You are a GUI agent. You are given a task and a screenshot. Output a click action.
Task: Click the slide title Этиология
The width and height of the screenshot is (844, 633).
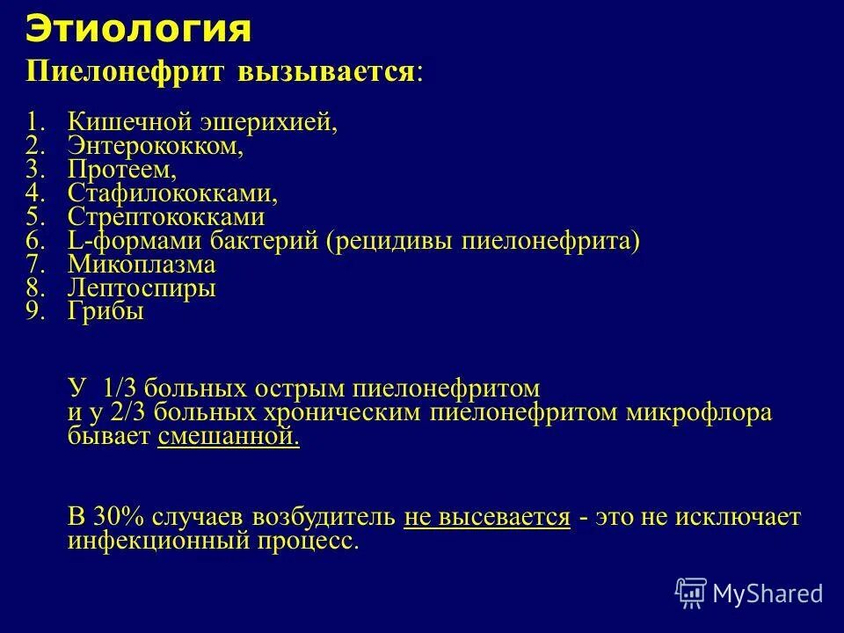pyautogui.click(x=139, y=29)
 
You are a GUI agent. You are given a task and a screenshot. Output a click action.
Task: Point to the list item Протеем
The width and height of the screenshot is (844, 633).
pyautogui.click(x=122, y=170)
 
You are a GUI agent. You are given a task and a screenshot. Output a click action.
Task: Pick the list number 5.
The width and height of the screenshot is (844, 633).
pyautogui.click(x=33, y=217)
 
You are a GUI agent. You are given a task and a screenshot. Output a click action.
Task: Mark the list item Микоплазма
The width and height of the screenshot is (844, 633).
pyautogui.click(x=142, y=265)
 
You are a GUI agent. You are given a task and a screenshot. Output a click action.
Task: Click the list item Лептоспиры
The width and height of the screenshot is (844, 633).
pyautogui.click(x=142, y=288)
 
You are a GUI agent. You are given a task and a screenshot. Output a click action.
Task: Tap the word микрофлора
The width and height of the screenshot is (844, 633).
pyautogui.click(x=699, y=413)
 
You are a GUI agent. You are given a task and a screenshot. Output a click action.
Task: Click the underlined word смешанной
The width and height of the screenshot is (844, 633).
pyautogui.click(x=229, y=438)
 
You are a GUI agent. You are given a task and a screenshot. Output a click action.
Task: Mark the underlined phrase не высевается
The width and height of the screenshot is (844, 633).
pyautogui.click(x=487, y=517)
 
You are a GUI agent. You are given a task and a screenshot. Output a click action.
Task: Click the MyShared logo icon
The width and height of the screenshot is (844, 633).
pyautogui.click(x=691, y=593)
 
